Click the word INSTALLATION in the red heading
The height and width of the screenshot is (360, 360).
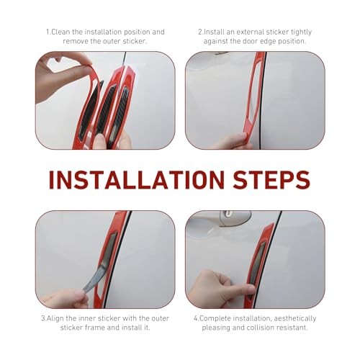pos(137,180)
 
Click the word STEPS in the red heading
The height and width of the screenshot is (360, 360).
pos(271,180)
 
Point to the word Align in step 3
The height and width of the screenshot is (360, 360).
pos(55,318)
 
